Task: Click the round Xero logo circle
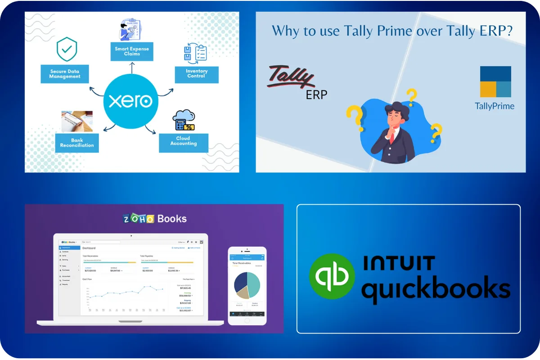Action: [x=130, y=100]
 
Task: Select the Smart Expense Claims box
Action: [x=132, y=51]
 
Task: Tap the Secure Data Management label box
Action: [x=65, y=74]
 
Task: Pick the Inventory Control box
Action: [x=197, y=74]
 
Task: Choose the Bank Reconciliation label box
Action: [x=76, y=143]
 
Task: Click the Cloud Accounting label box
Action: [x=184, y=141]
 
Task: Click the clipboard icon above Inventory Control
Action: [x=196, y=52]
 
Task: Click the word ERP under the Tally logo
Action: [x=316, y=94]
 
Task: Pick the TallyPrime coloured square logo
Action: [x=495, y=82]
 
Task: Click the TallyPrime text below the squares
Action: [x=495, y=107]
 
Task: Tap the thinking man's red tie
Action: [x=391, y=135]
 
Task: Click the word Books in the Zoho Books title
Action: [x=171, y=219]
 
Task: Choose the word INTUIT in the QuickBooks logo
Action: [x=399, y=263]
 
